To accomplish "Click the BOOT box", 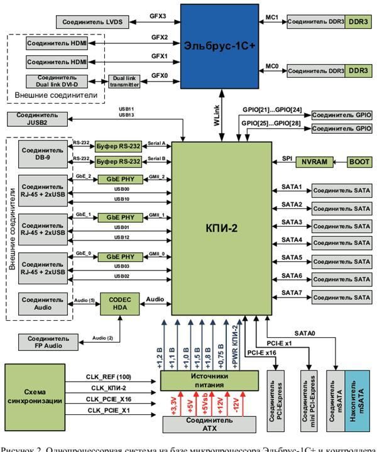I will coord(360,161).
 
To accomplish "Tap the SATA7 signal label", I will coord(292,293).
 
